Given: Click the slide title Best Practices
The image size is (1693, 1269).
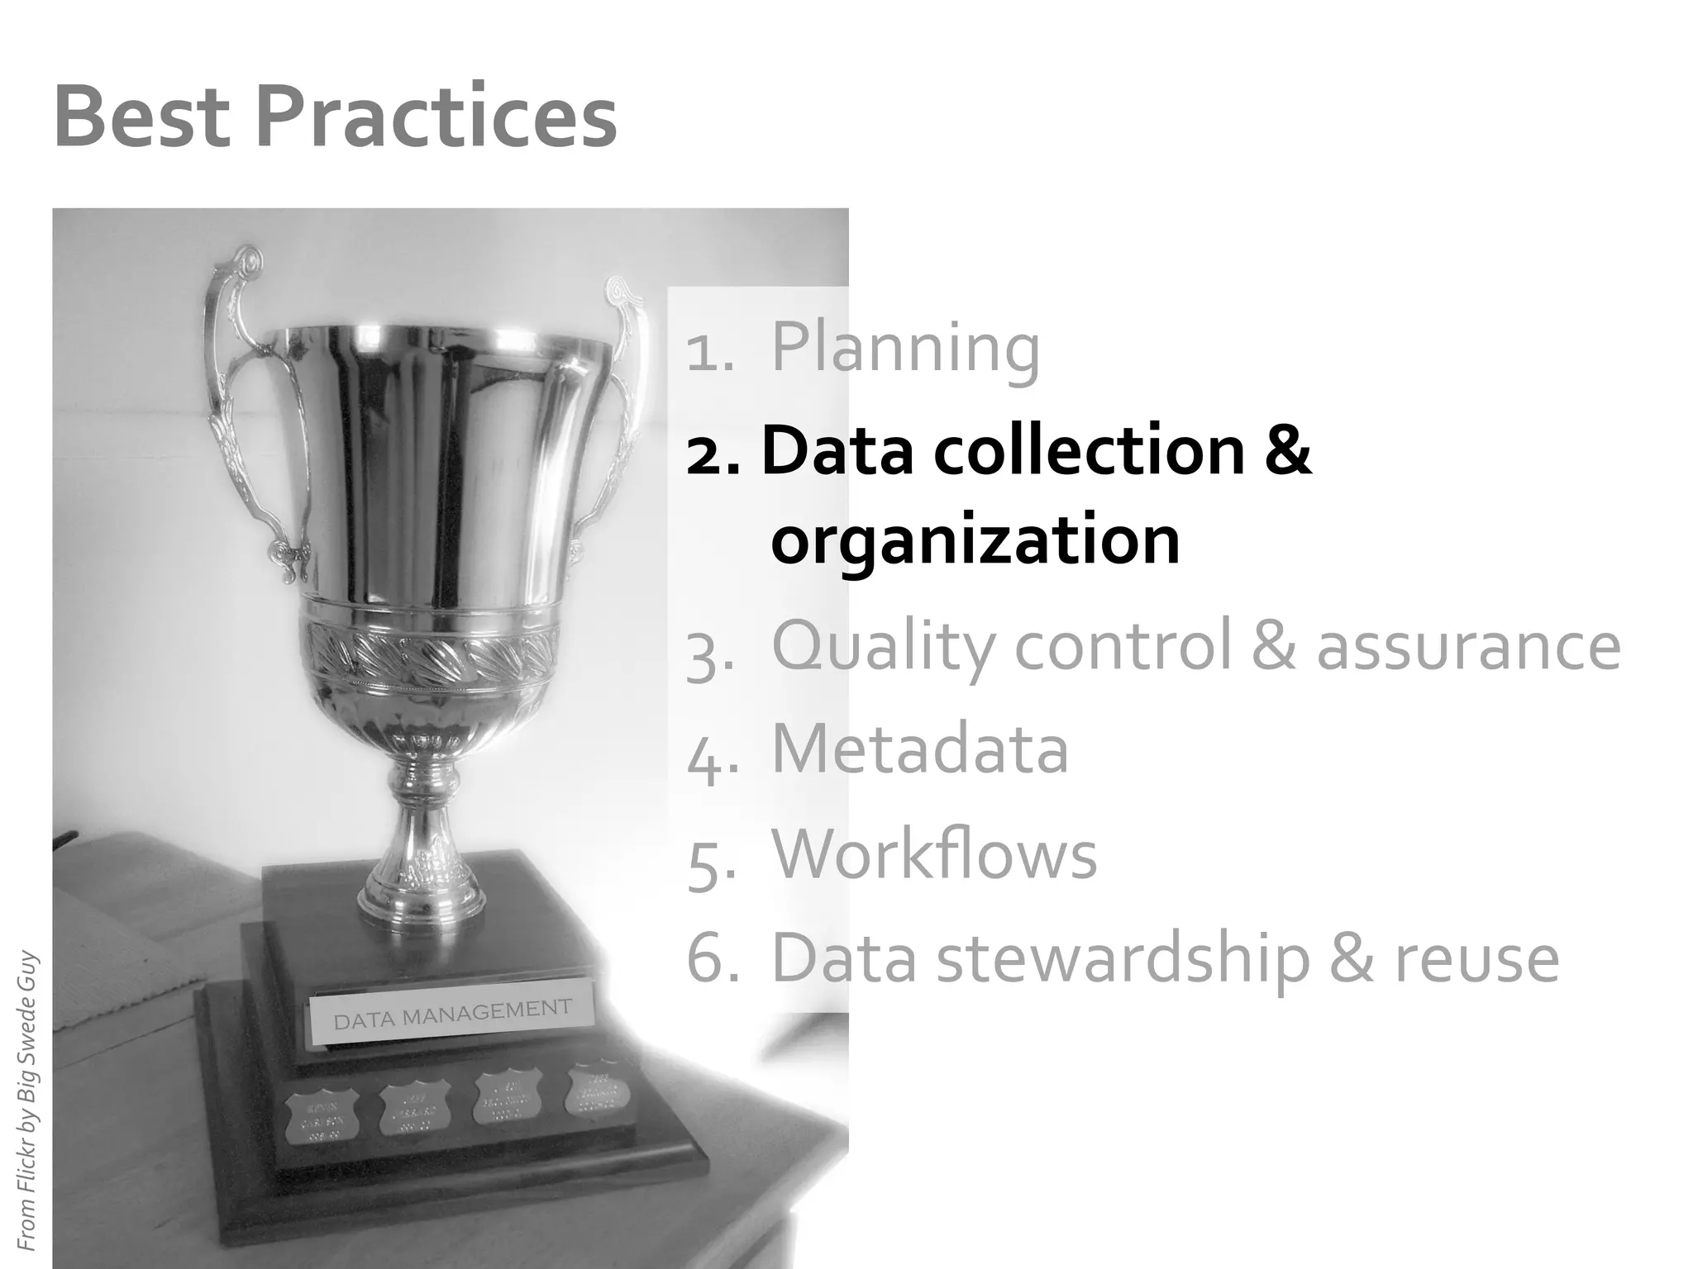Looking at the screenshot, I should tap(335, 117).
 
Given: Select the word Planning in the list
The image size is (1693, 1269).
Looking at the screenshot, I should tap(905, 348).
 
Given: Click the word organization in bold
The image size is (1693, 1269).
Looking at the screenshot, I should tap(975, 540).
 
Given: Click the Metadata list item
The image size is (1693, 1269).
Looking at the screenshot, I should tap(919, 749).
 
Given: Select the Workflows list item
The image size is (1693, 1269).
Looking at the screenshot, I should tap(934, 854).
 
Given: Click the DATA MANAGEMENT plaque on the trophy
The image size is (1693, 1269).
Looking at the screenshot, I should tap(452, 1015).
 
